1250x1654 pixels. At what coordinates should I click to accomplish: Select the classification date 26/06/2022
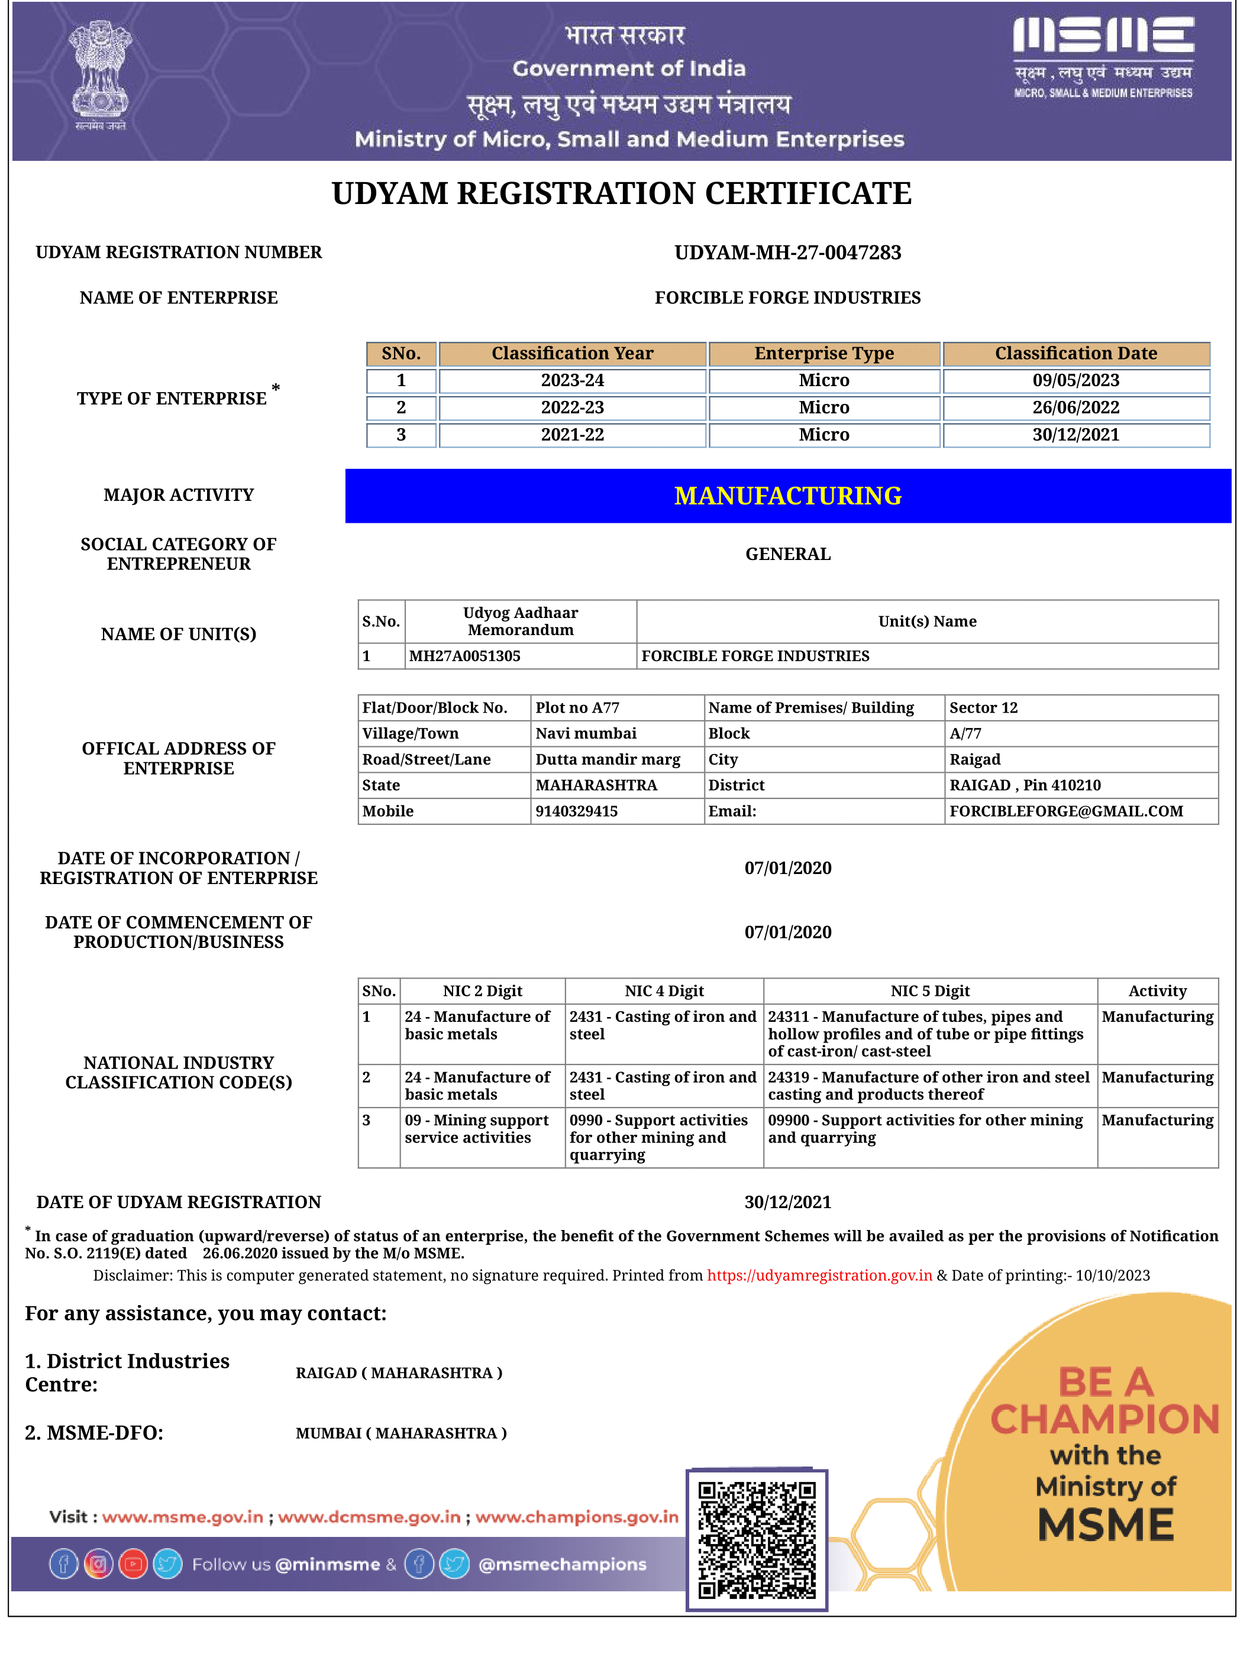pyautogui.click(x=1075, y=407)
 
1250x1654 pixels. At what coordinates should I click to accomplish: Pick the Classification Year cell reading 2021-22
pyautogui.click(x=572, y=435)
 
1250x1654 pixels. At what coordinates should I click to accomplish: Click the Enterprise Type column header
pyautogui.click(x=823, y=353)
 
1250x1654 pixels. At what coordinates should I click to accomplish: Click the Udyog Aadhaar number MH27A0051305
pyautogui.click(x=464, y=656)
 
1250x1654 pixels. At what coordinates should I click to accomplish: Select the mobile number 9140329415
pyautogui.click(x=576, y=811)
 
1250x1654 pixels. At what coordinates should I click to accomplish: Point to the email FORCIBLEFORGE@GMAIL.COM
pyautogui.click(x=1065, y=811)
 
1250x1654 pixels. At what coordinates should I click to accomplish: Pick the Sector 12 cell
pyautogui.click(x=983, y=707)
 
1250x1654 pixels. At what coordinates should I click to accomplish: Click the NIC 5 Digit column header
pyautogui.click(x=929, y=991)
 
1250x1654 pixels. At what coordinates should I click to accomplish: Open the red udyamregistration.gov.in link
pyautogui.click(x=819, y=1275)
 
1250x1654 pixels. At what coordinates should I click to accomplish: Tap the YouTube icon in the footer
pyautogui.click(x=133, y=1564)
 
